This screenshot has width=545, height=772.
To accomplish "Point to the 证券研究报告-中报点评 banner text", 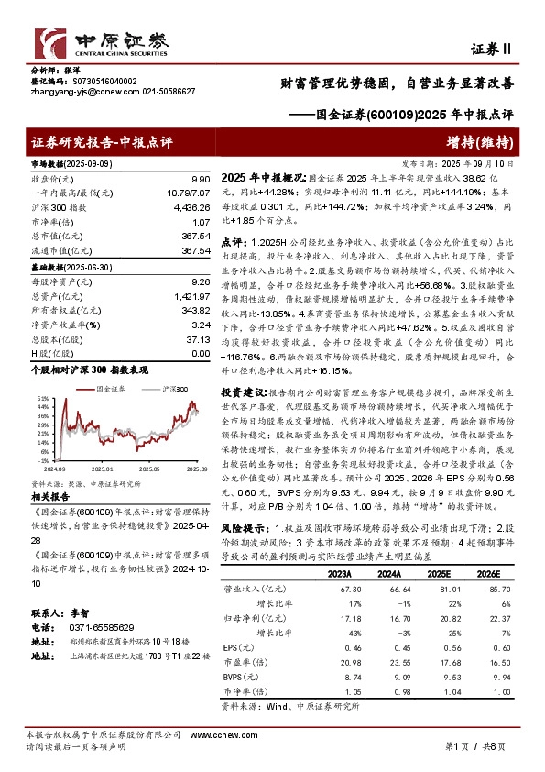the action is point(102,141).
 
